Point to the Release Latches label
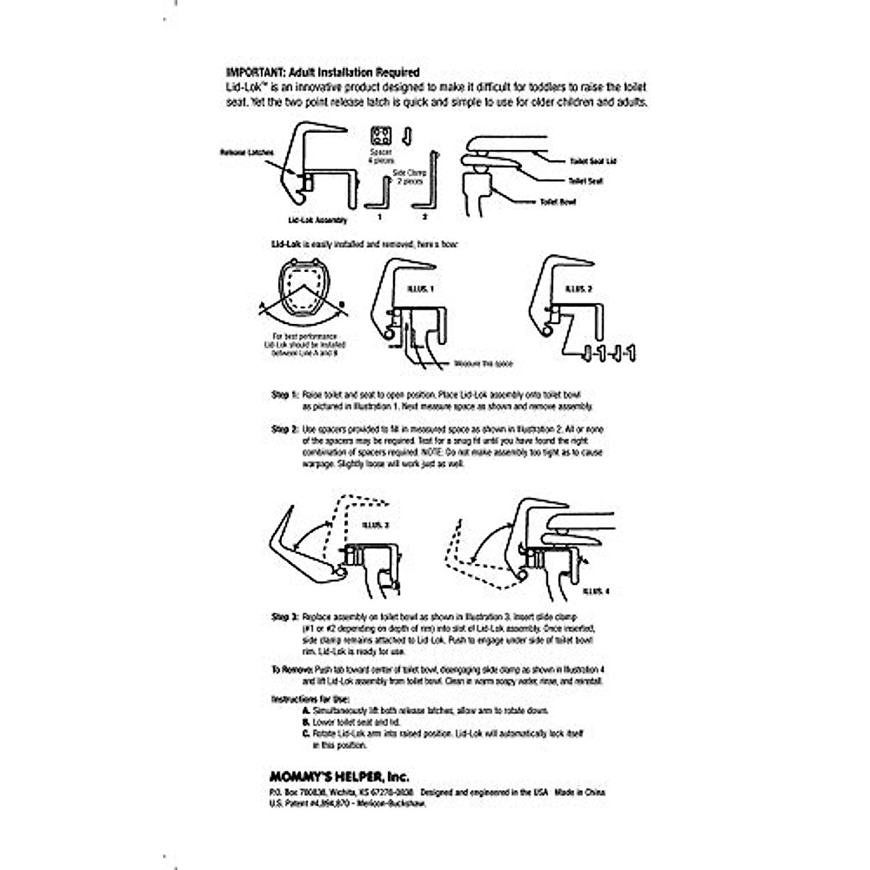[247, 153]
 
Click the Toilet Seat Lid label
[594, 161]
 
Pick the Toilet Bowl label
[558, 202]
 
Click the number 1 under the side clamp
[378, 217]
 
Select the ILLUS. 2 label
[578, 288]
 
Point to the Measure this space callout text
[483, 363]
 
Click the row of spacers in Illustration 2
[609, 354]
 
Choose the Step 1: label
[284, 396]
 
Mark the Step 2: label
[284, 429]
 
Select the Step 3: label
[284, 617]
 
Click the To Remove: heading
[292, 671]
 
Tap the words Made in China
[580, 792]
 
